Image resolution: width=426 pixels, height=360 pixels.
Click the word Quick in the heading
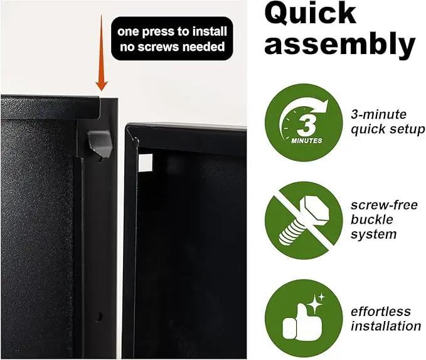[x=310, y=14]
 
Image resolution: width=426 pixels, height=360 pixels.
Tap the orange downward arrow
[x=102, y=53]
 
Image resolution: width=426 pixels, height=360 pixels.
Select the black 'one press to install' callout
[x=172, y=39]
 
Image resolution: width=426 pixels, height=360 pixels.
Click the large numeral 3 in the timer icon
[x=306, y=126]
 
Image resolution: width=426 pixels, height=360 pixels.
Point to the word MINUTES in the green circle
[x=306, y=141]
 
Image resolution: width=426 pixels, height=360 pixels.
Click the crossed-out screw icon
[x=304, y=221]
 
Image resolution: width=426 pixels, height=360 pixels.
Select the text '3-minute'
[x=378, y=114]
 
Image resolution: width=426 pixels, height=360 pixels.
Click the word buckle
[x=371, y=219]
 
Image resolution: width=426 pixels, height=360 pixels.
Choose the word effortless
[x=381, y=312]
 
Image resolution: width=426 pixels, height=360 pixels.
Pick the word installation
[x=386, y=326]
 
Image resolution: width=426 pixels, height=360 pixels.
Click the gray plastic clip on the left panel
[x=99, y=145]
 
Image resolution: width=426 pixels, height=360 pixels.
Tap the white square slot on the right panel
[x=146, y=163]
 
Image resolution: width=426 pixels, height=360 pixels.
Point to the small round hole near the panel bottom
[x=99, y=316]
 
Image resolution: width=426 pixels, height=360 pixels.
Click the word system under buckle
[x=373, y=234]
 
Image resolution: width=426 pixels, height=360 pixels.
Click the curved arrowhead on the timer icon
[x=322, y=106]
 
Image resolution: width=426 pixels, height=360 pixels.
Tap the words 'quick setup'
[x=388, y=129]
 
